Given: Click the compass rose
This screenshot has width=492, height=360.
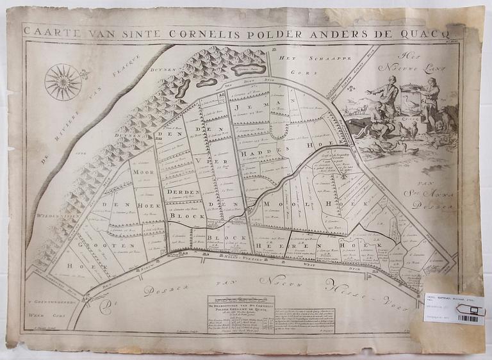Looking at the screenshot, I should click(x=63, y=81).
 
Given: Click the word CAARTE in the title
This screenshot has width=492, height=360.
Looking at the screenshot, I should click(x=46, y=30).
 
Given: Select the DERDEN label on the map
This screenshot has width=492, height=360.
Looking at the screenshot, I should click(x=181, y=192).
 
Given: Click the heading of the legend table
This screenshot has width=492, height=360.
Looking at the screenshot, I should click(x=240, y=307).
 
